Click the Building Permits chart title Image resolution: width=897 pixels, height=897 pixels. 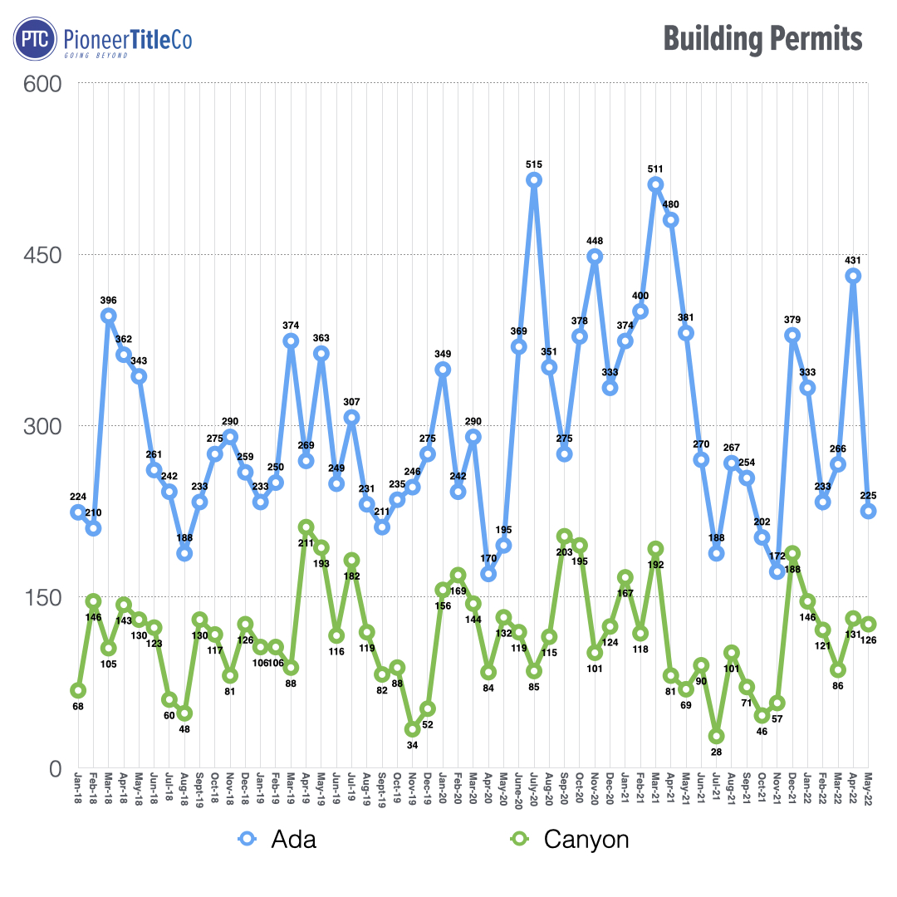coord(762,39)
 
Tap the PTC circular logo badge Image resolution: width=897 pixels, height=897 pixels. coord(36,40)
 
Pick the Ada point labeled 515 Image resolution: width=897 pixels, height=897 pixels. coord(534,179)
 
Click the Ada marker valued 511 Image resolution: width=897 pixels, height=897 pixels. coord(655,184)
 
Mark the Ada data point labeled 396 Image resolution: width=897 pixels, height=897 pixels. coord(109,316)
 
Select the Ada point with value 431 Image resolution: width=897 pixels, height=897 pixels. coord(853,276)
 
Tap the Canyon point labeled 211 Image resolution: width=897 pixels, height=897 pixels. coord(306,527)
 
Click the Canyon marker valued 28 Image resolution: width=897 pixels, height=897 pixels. coord(717,736)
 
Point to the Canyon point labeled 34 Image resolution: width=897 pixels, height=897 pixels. coord(412,729)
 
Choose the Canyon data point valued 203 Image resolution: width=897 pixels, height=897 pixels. coord(564,536)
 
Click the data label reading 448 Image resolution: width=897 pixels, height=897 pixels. coord(595,241)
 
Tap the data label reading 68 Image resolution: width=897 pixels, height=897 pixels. coord(78,707)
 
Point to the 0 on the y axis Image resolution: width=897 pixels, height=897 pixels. coord(56,768)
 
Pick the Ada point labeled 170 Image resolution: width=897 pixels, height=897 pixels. coord(488,574)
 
